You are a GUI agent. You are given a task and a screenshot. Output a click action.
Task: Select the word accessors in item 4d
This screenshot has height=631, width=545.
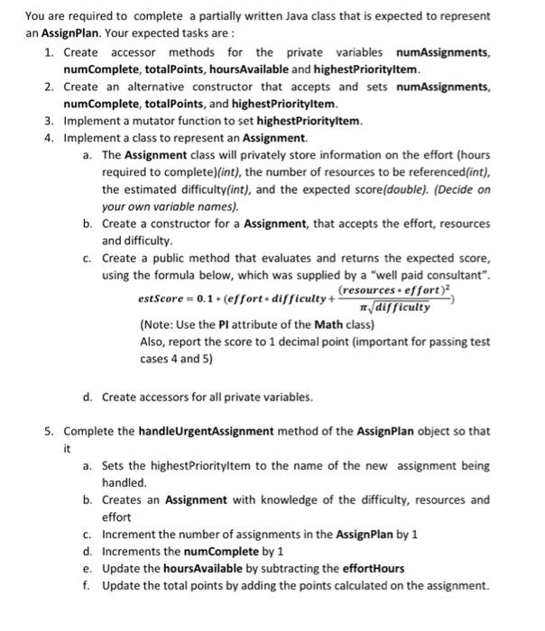pos(161,397)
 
